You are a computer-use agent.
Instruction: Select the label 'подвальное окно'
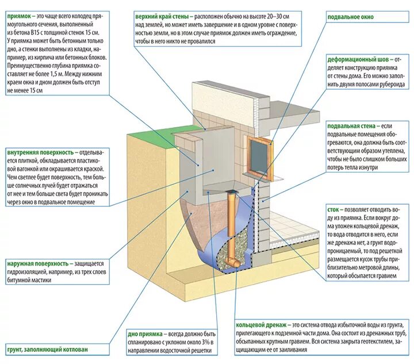(350, 17)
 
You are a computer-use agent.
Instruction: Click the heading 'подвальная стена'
(351, 125)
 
